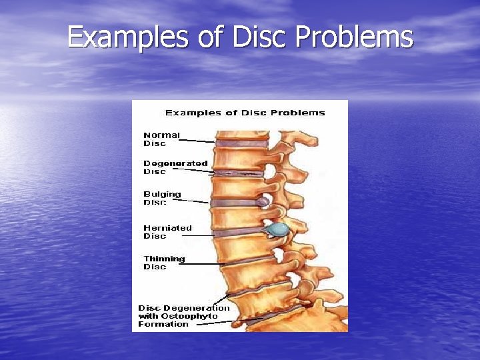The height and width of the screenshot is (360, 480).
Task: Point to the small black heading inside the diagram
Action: point(245,113)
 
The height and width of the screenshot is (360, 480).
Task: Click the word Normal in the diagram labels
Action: point(161,135)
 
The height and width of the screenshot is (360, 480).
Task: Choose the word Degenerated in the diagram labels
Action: point(175,163)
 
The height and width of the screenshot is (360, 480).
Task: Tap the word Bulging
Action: point(162,194)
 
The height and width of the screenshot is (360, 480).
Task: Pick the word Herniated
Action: point(167,227)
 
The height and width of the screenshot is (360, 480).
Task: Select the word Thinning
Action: point(164,259)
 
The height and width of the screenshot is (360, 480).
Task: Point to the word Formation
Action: point(163,324)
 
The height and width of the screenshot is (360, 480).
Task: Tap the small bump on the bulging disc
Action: point(265,201)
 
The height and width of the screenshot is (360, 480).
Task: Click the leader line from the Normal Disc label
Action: point(197,141)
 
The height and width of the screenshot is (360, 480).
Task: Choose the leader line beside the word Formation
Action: point(213,323)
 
